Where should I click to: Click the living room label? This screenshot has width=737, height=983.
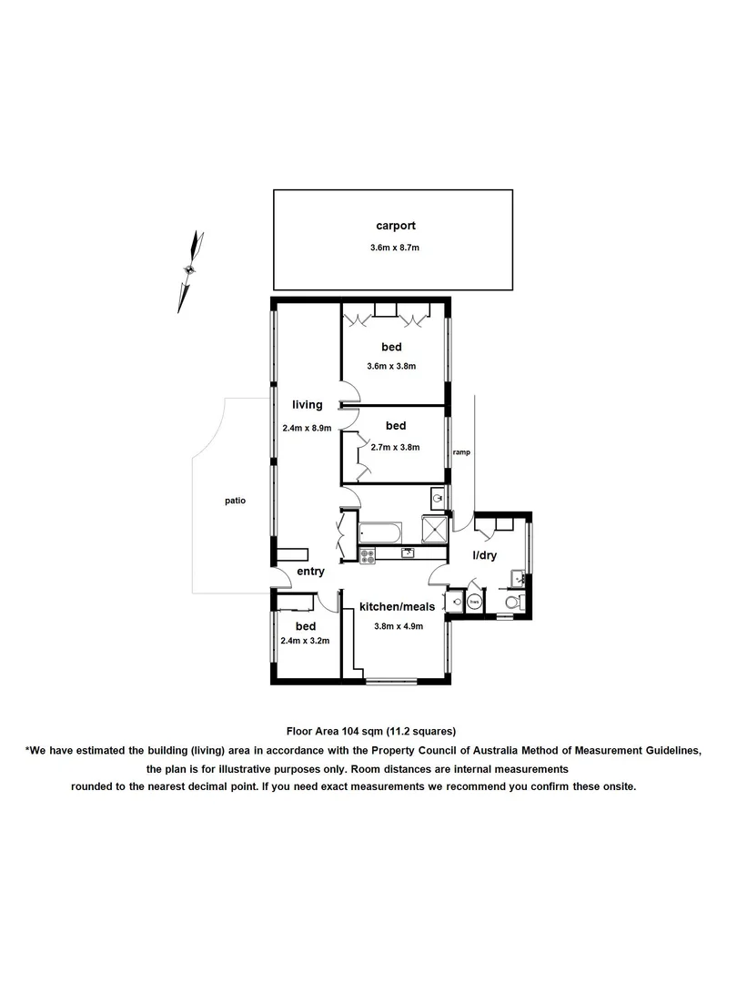308,405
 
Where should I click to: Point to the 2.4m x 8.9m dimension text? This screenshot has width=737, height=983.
308,427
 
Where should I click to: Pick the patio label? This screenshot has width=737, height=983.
236,500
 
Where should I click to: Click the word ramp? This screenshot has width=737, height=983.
462,452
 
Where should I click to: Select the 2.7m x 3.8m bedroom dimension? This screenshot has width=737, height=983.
394,447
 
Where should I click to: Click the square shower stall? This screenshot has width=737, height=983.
435,530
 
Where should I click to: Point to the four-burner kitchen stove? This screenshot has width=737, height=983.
368,553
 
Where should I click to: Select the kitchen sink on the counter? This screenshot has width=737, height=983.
409,552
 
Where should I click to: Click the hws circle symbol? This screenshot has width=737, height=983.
474,602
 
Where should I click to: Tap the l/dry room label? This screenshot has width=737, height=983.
483,555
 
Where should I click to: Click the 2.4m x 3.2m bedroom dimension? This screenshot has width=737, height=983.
305,641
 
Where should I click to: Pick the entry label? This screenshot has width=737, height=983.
310,572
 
